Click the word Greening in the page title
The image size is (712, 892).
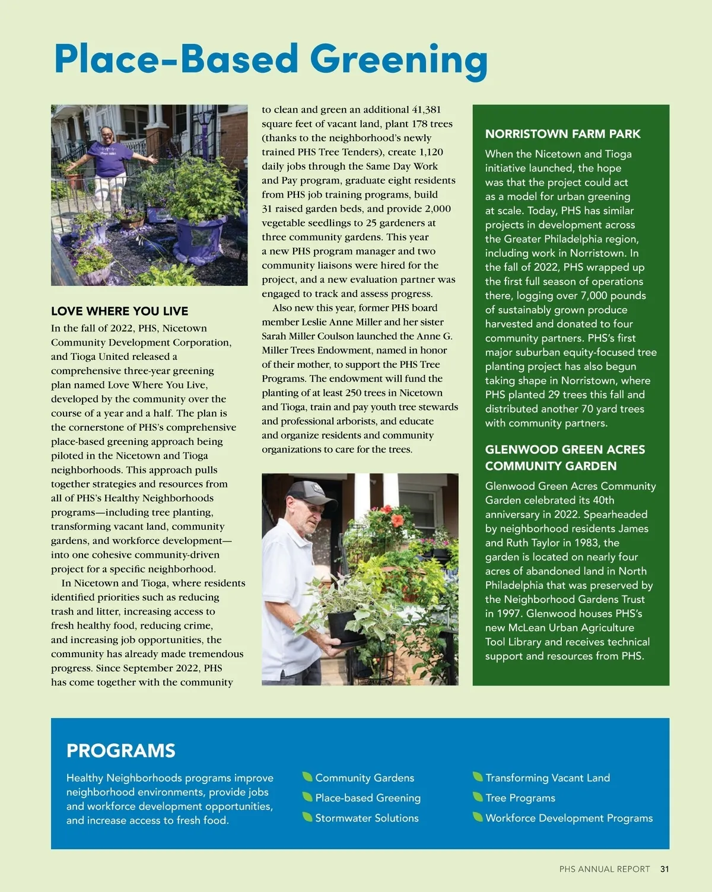(399, 60)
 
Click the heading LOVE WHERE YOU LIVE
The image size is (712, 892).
(119, 311)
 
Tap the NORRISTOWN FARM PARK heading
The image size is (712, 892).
(562, 134)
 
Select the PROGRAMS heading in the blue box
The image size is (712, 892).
(121, 750)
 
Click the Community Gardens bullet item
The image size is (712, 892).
(364, 778)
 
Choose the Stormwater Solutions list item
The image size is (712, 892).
(367, 818)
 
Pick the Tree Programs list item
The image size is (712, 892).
(520, 798)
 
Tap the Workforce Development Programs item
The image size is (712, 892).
(568, 818)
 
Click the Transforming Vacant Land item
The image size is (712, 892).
(547, 778)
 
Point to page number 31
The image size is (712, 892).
(665, 869)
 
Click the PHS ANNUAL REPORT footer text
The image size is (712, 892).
(604, 869)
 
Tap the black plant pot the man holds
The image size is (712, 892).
(346, 627)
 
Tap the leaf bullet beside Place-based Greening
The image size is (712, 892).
(307, 797)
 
